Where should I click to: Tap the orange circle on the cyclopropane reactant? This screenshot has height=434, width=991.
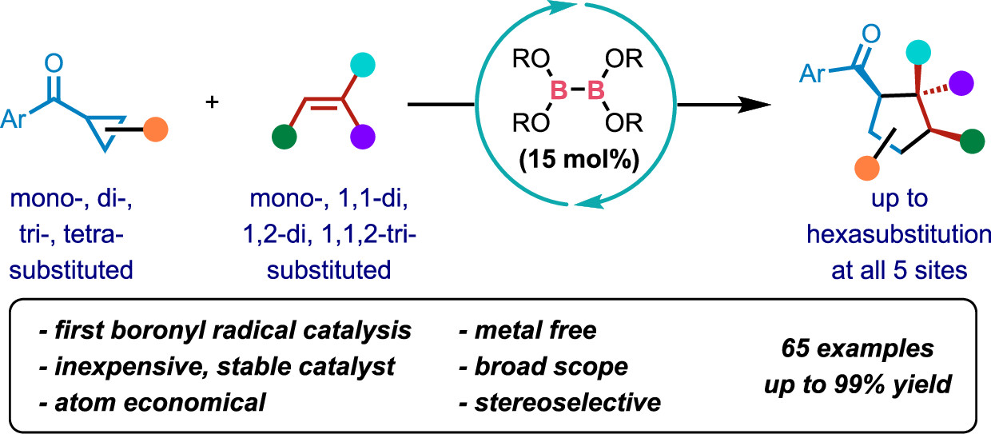point(157,129)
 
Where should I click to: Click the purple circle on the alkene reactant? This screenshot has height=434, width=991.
point(361,132)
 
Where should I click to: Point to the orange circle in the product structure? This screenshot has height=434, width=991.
point(865,169)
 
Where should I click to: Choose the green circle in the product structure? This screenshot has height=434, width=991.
point(971,143)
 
